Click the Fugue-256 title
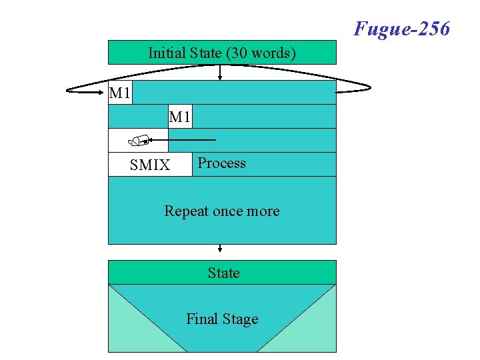(402, 29)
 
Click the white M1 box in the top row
(120, 93)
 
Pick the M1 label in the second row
(180, 117)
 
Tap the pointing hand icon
(138, 140)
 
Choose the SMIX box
(150, 165)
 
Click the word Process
(222, 163)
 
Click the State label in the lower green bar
(223, 273)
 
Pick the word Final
(202, 319)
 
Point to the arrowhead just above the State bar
(220, 251)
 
